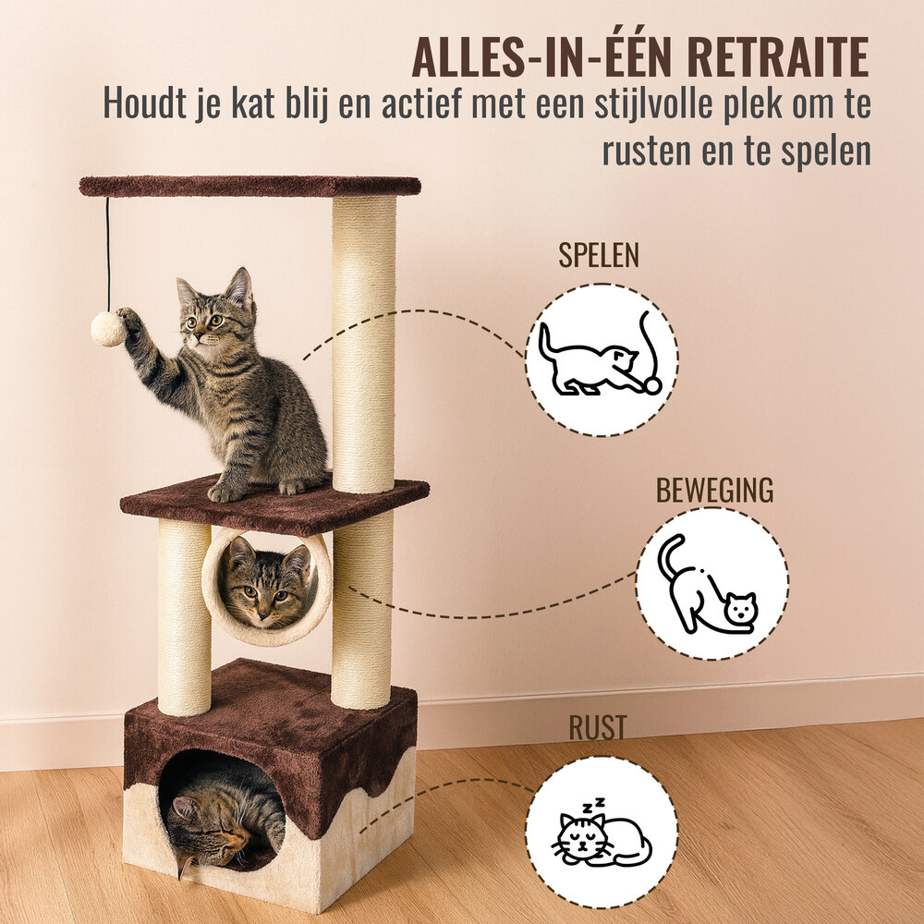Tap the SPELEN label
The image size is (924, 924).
[598, 256]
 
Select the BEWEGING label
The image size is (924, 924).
[714, 490]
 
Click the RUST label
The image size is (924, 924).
[597, 727]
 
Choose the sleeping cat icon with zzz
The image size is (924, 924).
[601, 833]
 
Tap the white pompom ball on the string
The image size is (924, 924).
[107, 329]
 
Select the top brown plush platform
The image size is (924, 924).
[249, 186]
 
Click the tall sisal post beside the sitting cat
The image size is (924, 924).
[364, 342]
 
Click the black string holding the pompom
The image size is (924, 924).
[107, 254]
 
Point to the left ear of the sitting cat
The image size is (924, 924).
[188, 291]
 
